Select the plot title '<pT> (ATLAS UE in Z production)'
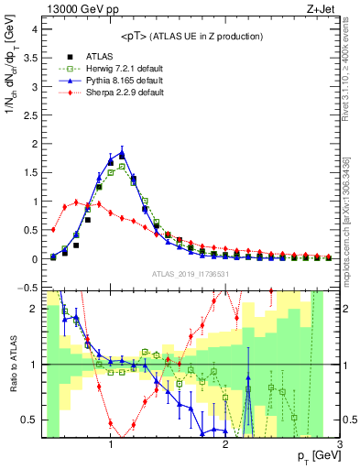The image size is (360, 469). (191, 36)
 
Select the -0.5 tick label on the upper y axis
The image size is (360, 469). (29, 288)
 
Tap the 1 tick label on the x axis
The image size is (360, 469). (111, 444)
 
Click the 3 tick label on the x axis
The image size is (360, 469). (339, 444)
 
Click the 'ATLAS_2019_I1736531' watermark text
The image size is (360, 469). (190, 274)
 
